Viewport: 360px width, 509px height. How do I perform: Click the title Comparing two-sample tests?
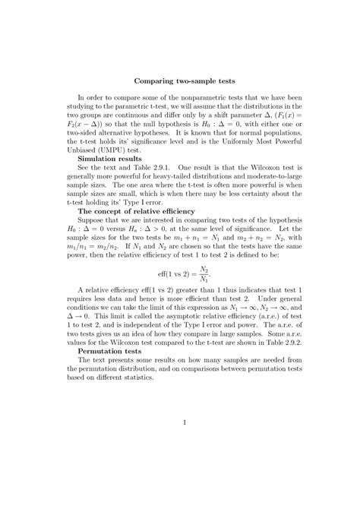click(x=185, y=80)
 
